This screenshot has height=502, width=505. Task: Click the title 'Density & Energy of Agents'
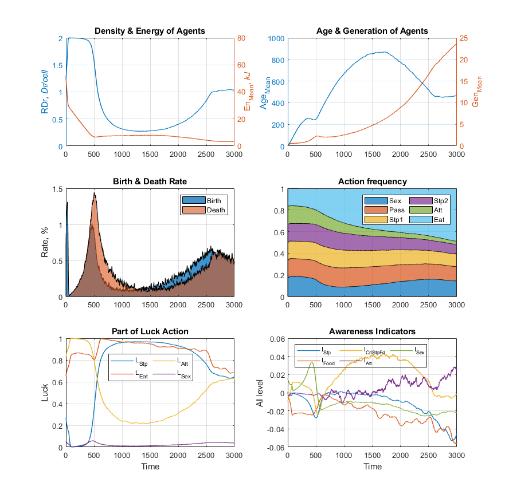point(150,30)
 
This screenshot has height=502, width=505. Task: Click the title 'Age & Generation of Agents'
point(372,30)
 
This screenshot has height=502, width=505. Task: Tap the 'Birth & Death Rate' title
point(150,181)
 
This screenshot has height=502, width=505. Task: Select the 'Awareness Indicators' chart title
point(372,331)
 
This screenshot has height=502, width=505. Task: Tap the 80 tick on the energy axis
point(242,38)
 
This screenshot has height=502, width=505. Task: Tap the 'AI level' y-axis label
point(260,393)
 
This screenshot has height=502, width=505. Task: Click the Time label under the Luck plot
point(150,466)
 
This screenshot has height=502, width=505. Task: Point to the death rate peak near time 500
point(93,193)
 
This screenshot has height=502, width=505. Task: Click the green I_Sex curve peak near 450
point(311,362)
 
